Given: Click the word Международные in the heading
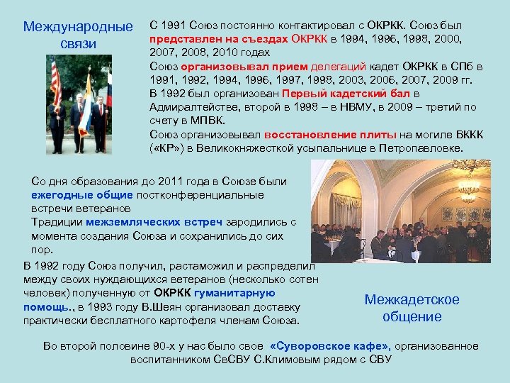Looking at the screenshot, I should click(x=78, y=27).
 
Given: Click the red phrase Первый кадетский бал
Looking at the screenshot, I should click(x=346, y=94).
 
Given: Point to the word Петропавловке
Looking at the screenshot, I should click(x=420, y=148).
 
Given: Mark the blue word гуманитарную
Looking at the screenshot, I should click(x=235, y=293).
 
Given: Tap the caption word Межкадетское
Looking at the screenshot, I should click(x=412, y=299).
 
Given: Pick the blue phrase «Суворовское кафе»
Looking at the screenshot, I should click(x=330, y=346).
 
